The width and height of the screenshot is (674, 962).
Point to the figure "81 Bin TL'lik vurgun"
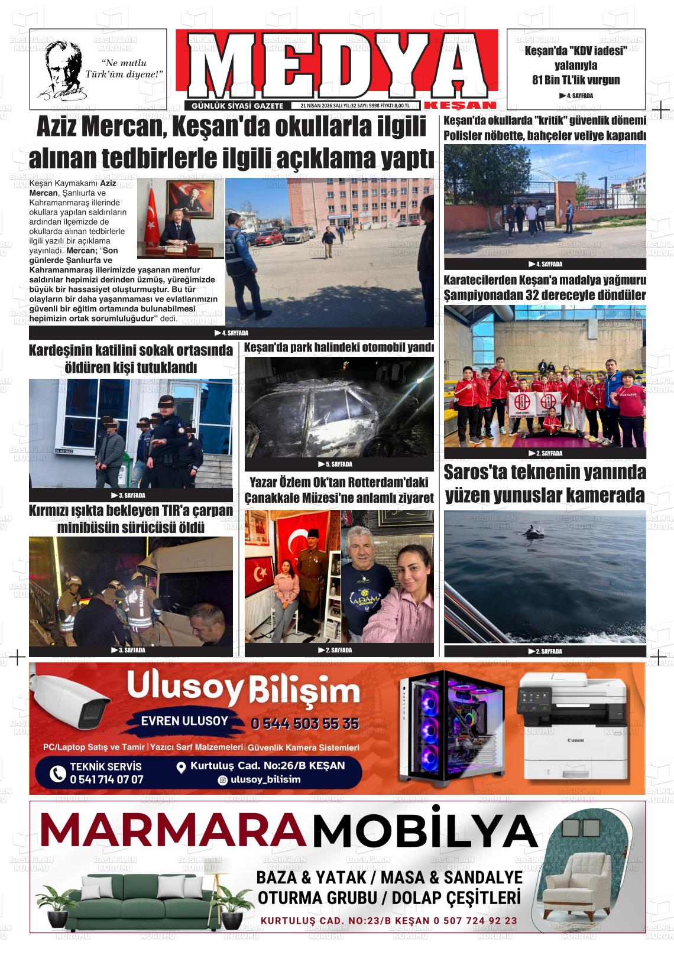[576, 80]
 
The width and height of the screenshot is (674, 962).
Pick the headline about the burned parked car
[339, 347]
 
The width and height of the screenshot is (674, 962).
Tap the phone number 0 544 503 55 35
[304, 723]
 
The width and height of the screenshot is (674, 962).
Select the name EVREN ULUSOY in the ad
[184, 721]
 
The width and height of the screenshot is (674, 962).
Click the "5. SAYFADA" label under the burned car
[339, 464]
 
